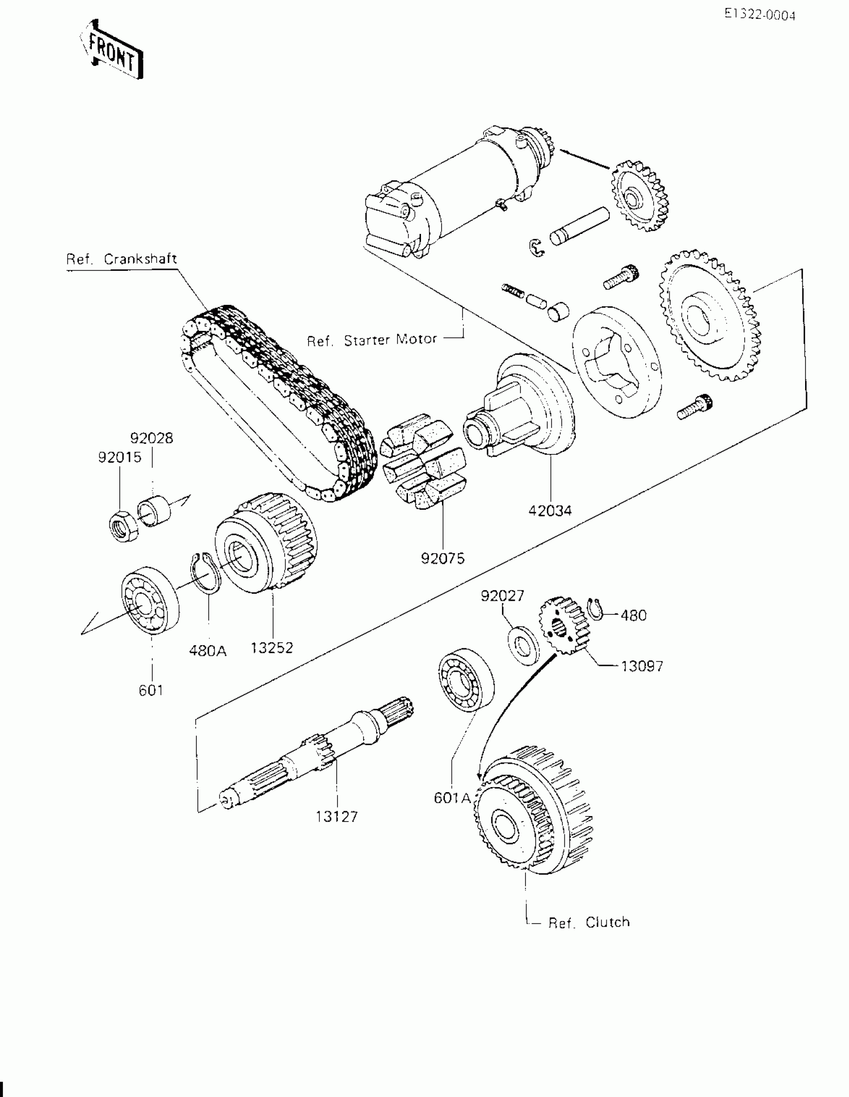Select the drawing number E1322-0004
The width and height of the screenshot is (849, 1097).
pos(760,15)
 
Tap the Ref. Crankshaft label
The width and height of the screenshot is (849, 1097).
pos(121,259)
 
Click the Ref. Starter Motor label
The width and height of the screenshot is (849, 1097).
pos(372,340)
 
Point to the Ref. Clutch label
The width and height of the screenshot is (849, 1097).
pos(589,923)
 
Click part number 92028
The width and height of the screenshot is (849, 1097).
pos(152,438)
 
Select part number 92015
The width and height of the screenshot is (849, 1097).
pos(119,458)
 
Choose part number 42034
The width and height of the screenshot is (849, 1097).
pos(550,511)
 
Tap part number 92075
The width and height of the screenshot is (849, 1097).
pos(443,558)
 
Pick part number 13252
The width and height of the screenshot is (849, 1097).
pos(272,648)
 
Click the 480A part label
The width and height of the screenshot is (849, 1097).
pos(208,651)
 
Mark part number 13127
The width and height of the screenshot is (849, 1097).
pos(337,817)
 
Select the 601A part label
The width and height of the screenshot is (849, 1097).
pos(452,798)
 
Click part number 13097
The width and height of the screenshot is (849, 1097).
pos(642,667)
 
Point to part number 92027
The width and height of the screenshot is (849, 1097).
pos(502,596)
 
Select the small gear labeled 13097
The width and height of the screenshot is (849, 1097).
pos(563,625)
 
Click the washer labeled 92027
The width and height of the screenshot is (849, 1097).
pos(523,645)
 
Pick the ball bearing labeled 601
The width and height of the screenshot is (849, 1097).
pos(150,600)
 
